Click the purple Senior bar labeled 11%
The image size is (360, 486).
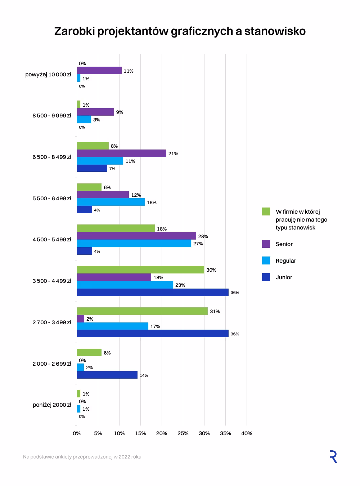[x=99, y=70]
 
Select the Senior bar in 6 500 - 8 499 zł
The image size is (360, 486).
[x=122, y=153]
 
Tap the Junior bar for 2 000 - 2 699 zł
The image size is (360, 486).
[x=107, y=375]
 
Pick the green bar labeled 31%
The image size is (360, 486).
[x=142, y=311]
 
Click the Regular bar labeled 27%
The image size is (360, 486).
[x=134, y=243]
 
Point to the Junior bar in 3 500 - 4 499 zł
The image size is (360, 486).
[x=153, y=292]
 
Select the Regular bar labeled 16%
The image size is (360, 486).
[x=111, y=202]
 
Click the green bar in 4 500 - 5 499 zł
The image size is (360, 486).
[x=116, y=228]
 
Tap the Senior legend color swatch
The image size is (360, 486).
[x=266, y=244]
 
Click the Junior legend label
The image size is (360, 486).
[x=284, y=277]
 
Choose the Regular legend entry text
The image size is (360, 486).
[x=286, y=260]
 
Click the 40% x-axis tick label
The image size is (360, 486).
[x=247, y=433]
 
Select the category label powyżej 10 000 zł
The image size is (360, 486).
[x=48, y=75]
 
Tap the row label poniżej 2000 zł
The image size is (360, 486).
[x=52, y=405]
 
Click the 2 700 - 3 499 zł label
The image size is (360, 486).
[x=52, y=322]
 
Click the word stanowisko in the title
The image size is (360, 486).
[x=275, y=31]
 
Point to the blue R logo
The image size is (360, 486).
[x=333, y=456]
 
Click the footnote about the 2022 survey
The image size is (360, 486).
[x=82, y=457]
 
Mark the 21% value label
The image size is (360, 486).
[x=173, y=153]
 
